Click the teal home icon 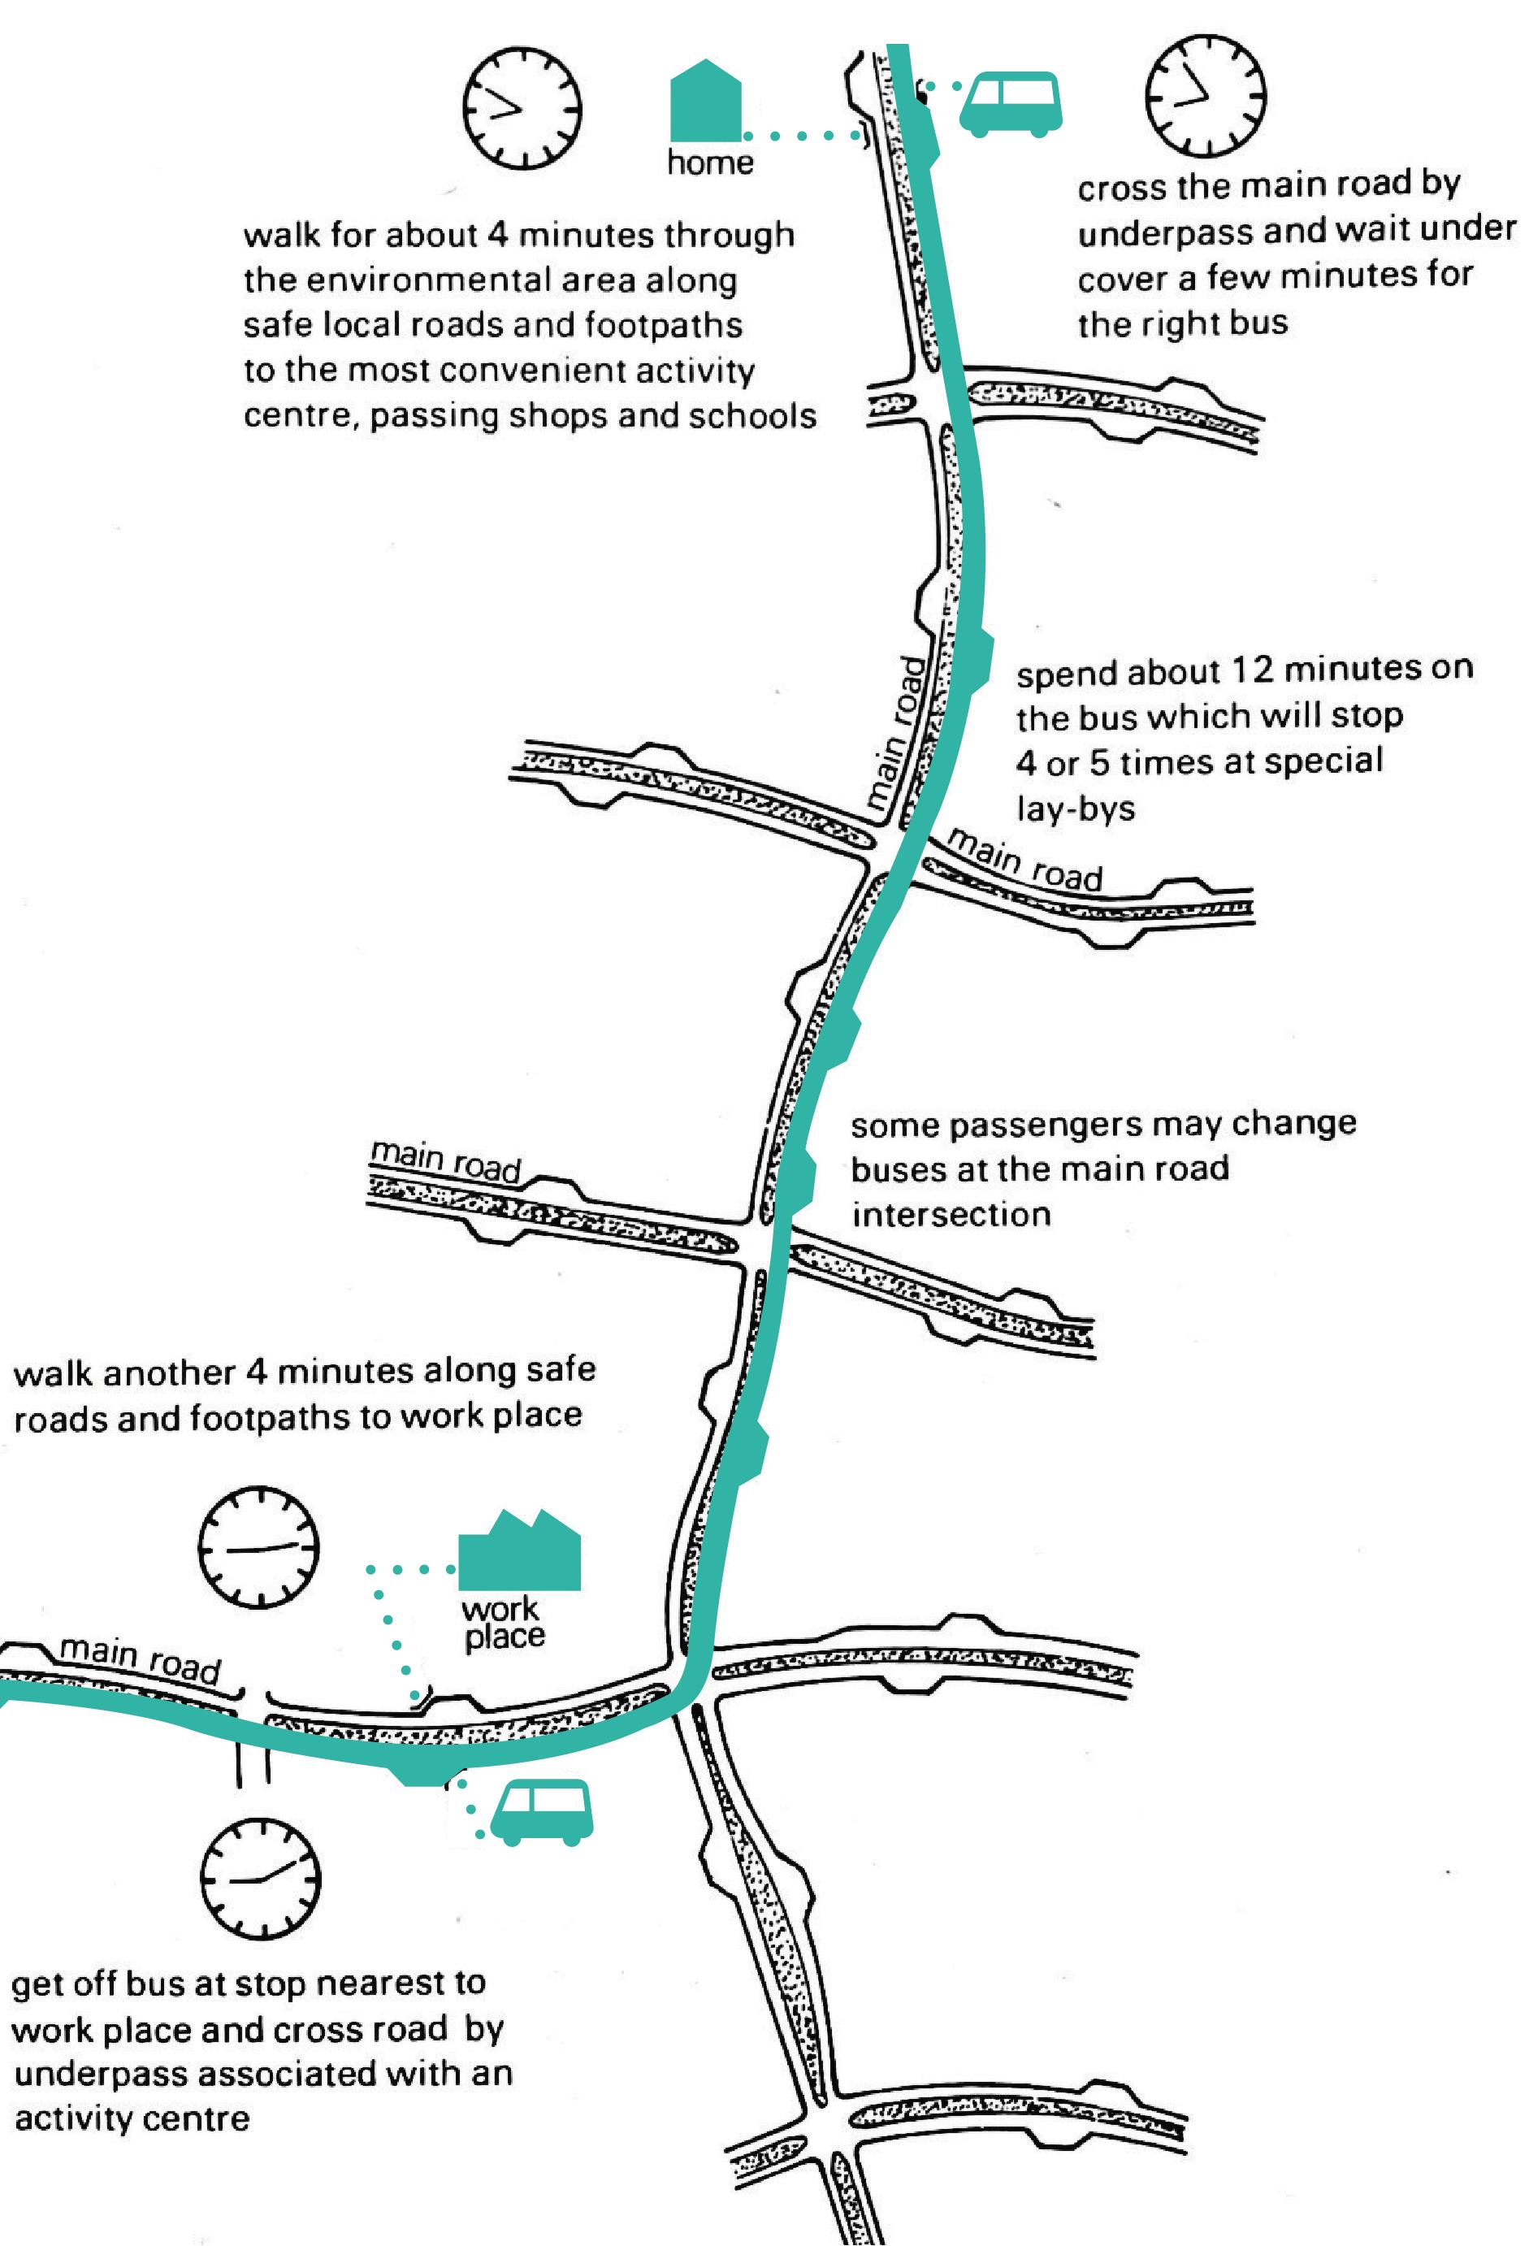[705, 102]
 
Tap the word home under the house [709, 163]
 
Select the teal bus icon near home [1010, 103]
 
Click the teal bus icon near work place [541, 1812]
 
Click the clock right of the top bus [1205, 97]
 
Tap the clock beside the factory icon [258, 1546]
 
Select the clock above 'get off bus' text [260, 1880]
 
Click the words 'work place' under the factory [503, 1624]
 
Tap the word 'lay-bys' [1075, 808]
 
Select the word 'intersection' [950, 1215]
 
